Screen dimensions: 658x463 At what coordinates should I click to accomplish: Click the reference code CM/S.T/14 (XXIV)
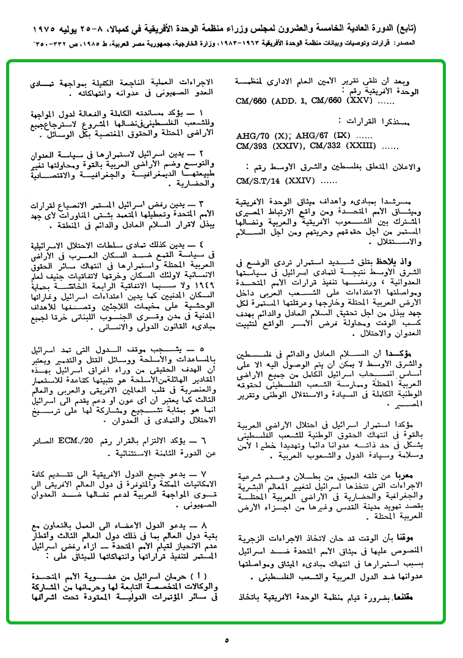[269, 181]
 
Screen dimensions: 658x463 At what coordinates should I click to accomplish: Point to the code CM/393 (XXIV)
[268, 146]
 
